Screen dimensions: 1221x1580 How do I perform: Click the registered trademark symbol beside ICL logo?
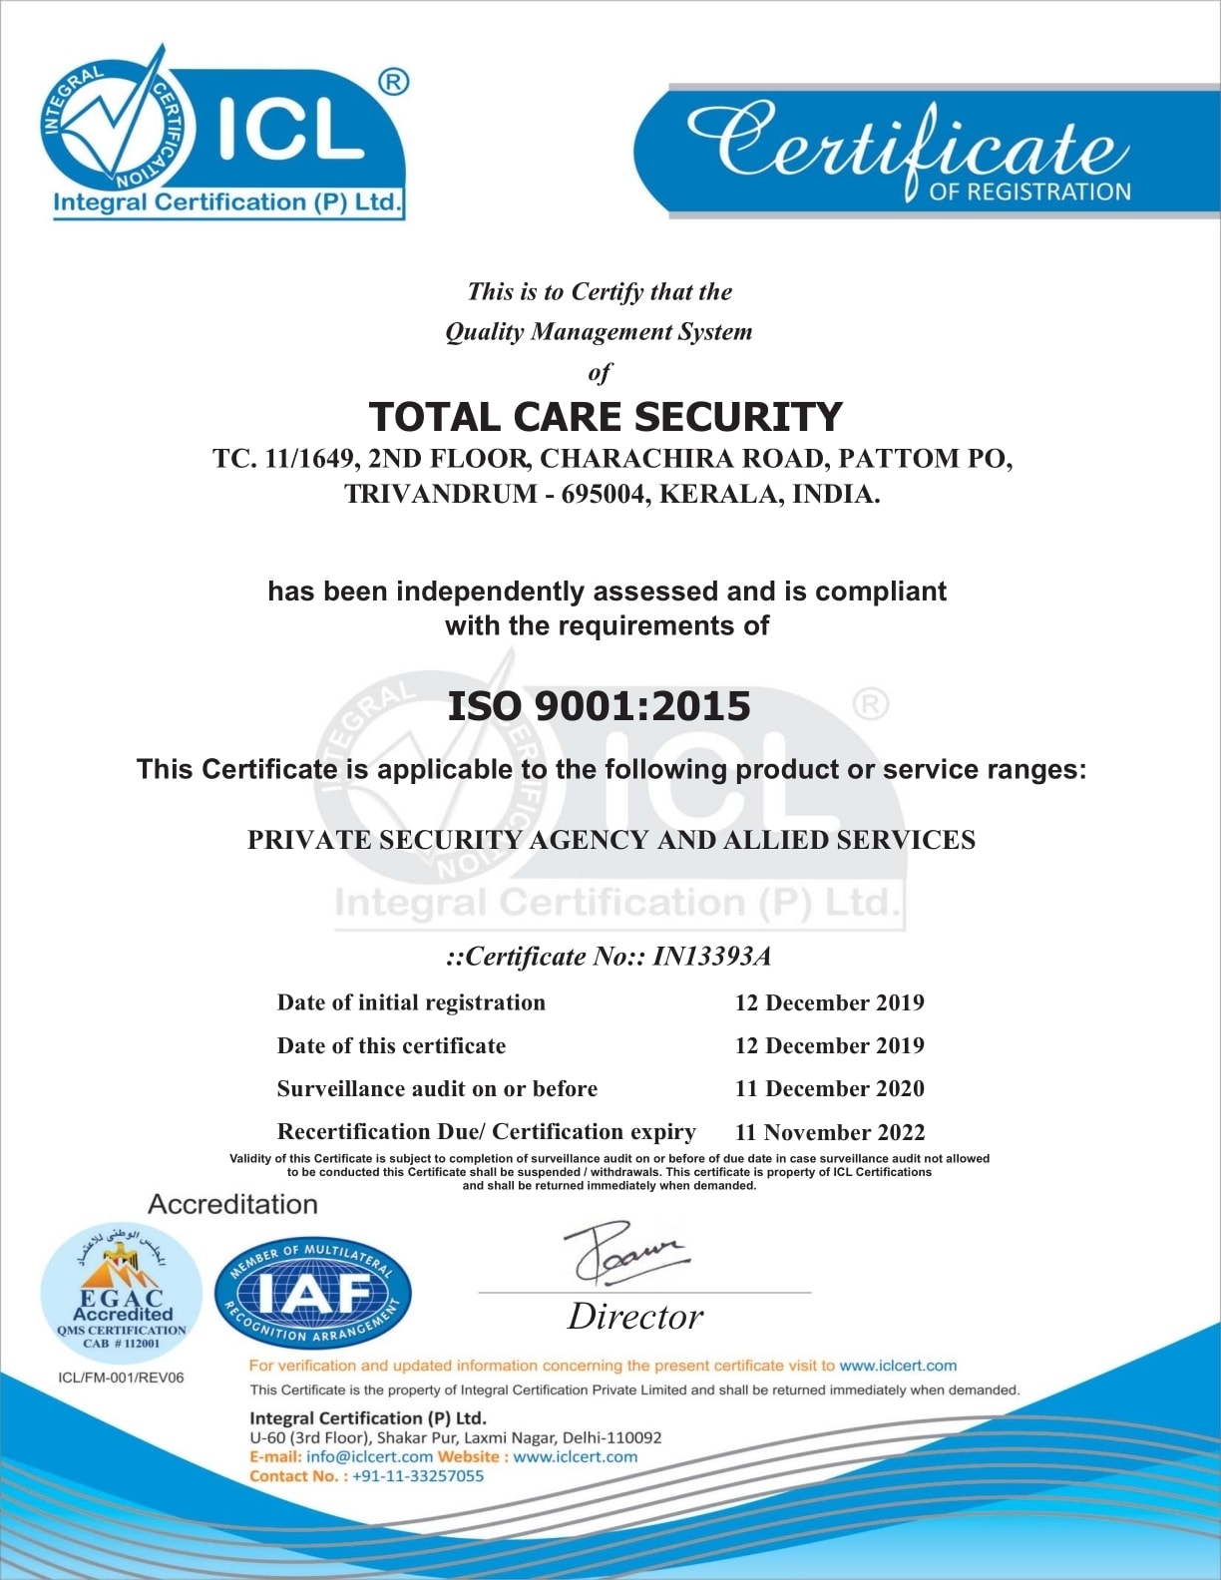click(x=394, y=82)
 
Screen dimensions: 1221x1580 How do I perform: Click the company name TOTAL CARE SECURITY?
click(x=606, y=417)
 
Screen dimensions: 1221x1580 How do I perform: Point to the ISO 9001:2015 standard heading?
click(x=599, y=706)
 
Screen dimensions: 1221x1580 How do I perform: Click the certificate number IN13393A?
click(x=712, y=957)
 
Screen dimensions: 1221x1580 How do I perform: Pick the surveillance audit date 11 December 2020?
click(x=829, y=1088)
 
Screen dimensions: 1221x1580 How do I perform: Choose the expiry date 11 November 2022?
click(x=829, y=1132)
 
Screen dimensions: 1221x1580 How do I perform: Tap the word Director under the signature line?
click(x=635, y=1317)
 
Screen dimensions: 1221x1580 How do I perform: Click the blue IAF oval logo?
click(x=313, y=1294)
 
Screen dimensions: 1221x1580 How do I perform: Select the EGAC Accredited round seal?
click(x=122, y=1290)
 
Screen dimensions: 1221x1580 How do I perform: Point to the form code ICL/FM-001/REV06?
click(x=121, y=1378)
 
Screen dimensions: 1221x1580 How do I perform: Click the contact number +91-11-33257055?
click(x=418, y=1476)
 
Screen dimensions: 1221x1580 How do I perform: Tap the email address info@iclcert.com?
click(x=369, y=1456)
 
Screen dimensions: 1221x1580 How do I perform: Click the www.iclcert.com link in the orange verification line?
click(x=898, y=1366)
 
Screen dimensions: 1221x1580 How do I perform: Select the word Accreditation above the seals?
click(x=232, y=1204)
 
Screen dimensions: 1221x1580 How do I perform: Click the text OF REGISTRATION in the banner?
click(x=1029, y=192)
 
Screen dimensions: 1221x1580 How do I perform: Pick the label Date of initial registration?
click(x=411, y=1002)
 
